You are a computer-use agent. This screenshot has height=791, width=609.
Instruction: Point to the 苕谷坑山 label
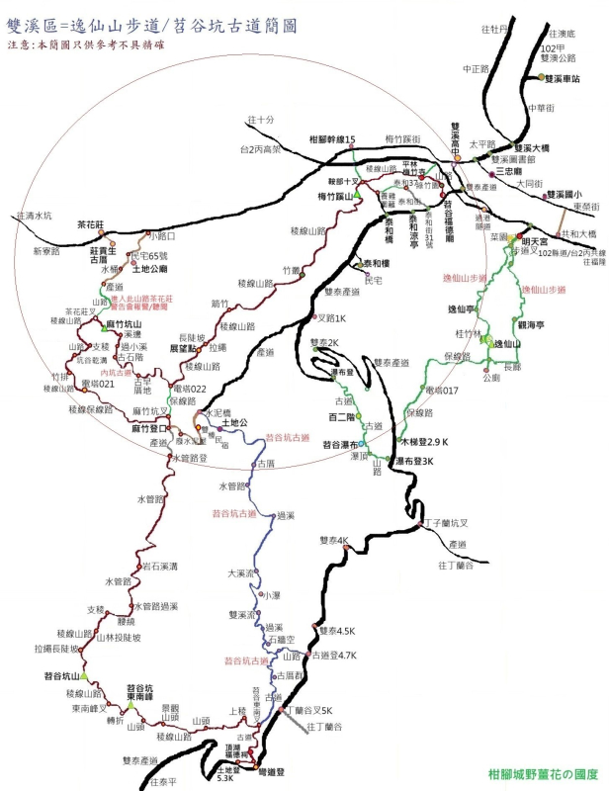pos(62,676)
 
